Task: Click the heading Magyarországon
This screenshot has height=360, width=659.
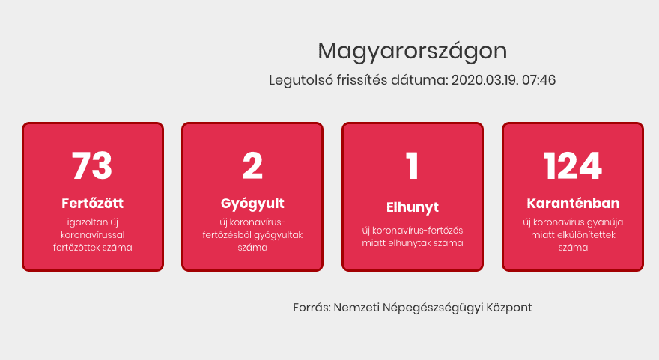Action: (413, 52)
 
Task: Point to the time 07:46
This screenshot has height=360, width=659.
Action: (538, 80)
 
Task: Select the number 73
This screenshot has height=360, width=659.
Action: (92, 165)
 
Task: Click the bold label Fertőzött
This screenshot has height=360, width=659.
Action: (92, 204)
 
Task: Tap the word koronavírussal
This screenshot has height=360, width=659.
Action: (92, 234)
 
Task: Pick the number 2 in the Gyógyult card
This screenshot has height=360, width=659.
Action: (252, 165)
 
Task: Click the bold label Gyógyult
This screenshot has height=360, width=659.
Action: (252, 204)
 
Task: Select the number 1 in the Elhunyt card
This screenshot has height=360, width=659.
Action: (413, 165)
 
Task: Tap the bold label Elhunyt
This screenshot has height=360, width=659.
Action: (413, 207)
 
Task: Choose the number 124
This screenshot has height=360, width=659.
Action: (572, 165)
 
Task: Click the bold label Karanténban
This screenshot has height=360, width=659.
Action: (573, 204)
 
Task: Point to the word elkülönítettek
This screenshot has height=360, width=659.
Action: (586, 234)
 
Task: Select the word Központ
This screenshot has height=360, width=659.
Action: (509, 308)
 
